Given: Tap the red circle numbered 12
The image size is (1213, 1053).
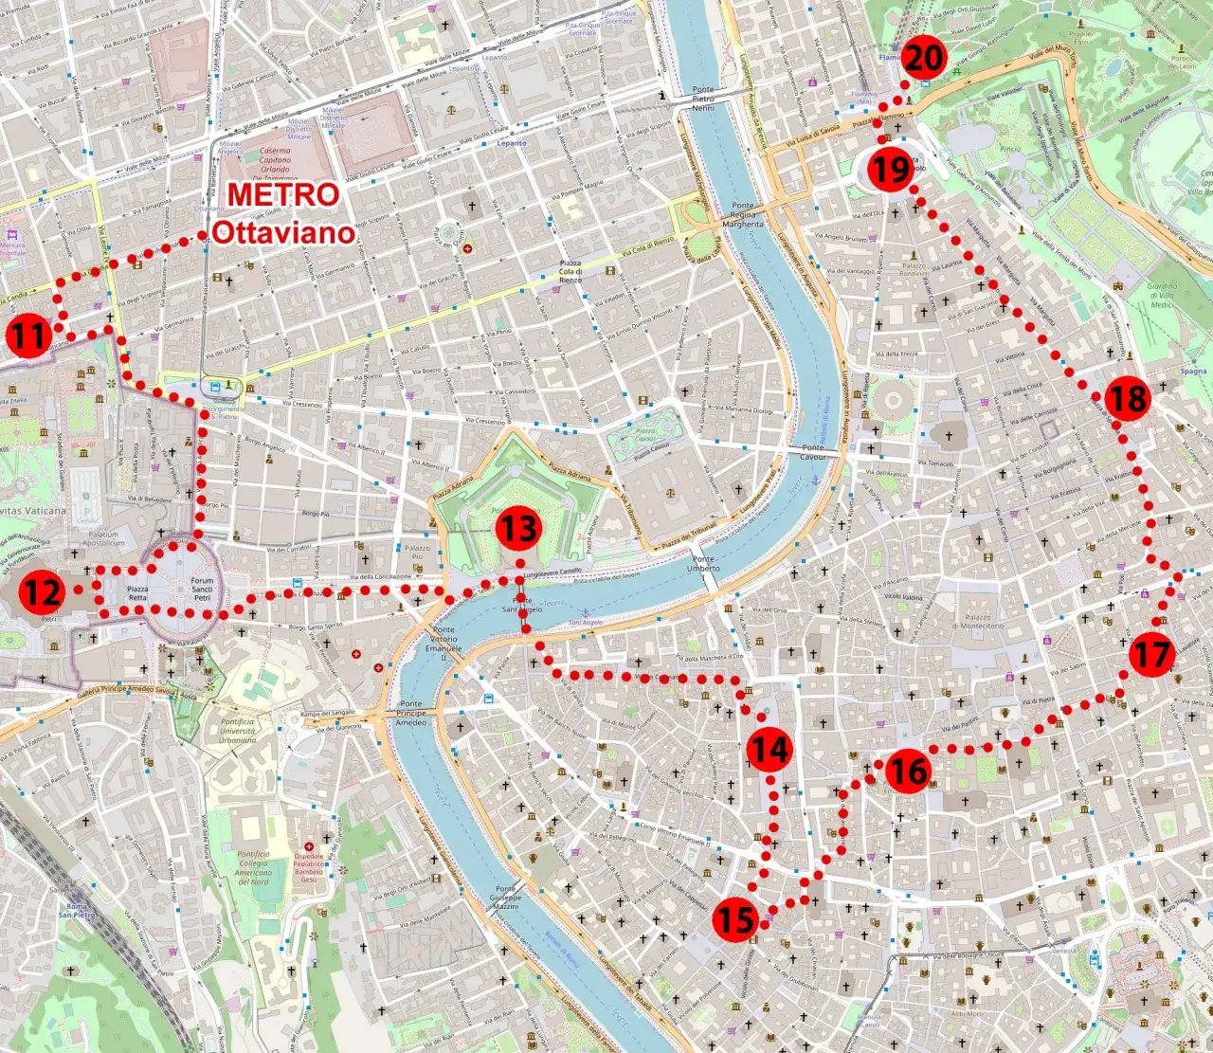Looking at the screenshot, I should click(x=43, y=592).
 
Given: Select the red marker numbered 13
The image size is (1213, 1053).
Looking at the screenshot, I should click(x=519, y=529).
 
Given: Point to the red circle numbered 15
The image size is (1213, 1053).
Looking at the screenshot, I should click(x=735, y=918).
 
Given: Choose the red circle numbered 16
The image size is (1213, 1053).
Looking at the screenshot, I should click(x=907, y=772).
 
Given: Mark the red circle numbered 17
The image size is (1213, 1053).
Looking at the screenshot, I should click(x=1151, y=655).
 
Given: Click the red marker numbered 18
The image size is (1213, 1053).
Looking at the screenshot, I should click(x=1128, y=398).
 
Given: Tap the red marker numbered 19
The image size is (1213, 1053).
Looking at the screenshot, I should click(x=891, y=171).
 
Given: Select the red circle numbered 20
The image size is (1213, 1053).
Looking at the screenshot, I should click(x=924, y=59).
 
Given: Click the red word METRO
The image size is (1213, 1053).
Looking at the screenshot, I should click(x=283, y=194).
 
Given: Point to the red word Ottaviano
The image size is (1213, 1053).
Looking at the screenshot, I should click(x=282, y=232).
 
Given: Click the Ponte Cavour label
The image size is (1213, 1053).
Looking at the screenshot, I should click(x=812, y=452).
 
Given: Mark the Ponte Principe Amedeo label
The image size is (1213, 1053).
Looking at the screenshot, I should click(x=411, y=713).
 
